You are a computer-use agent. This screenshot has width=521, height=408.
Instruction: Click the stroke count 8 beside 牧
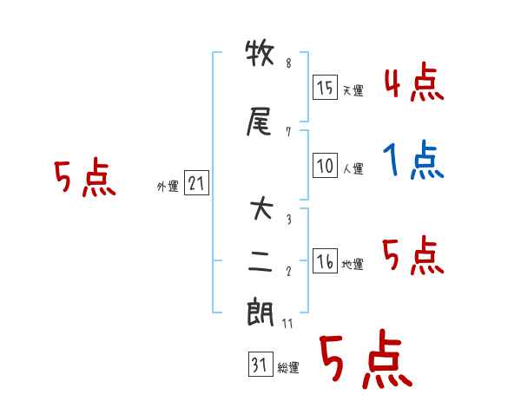288,63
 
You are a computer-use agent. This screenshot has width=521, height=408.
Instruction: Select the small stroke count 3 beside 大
288,220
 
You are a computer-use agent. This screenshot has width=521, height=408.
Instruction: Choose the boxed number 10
325,167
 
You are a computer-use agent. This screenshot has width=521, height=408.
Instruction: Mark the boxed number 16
325,262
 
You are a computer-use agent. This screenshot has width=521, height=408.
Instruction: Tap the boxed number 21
196,183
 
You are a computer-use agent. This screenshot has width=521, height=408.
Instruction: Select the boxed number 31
259,365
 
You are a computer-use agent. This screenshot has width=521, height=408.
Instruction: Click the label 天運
353,90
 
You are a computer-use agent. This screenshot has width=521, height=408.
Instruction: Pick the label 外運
168,186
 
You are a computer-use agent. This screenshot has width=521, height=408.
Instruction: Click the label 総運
288,368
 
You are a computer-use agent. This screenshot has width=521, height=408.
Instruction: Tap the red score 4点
414,83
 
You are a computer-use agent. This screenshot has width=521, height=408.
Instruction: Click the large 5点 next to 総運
365,360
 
